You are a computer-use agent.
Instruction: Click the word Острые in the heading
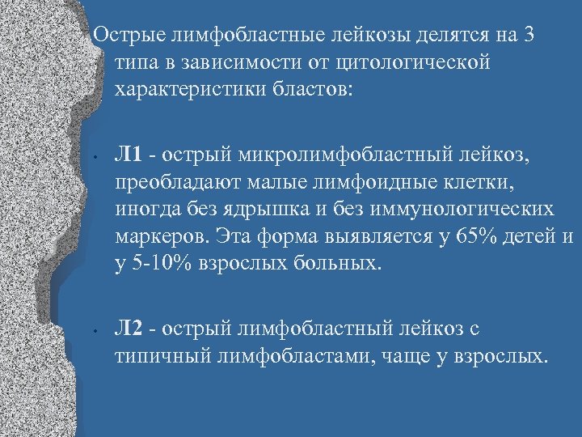click(x=127, y=36)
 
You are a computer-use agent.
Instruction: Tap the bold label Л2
click(x=129, y=328)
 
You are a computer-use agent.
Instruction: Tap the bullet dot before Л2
click(x=95, y=330)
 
